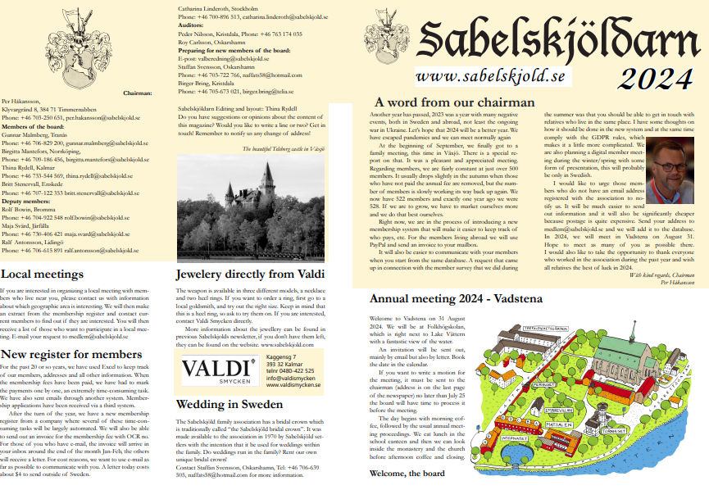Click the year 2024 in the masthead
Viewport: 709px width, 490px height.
[x=655, y=79]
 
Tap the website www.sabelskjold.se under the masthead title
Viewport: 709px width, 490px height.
[x=489, y=76]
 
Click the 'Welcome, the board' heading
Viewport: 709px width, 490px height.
[x=407, y=474]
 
